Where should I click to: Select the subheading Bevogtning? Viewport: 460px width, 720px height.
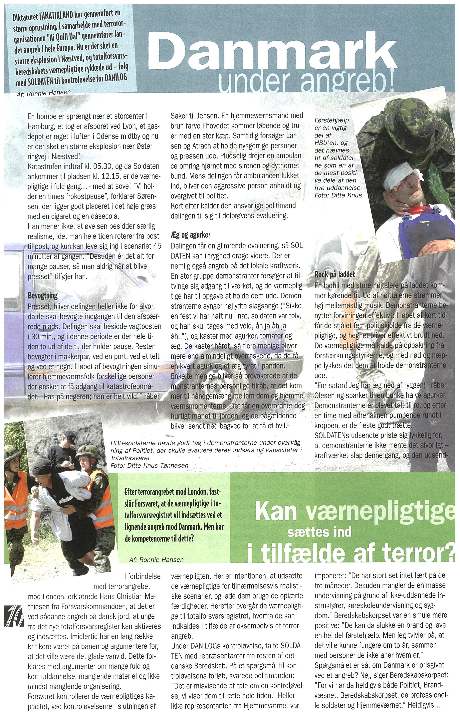pos(43,296)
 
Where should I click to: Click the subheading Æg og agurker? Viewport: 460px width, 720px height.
pos(191,235)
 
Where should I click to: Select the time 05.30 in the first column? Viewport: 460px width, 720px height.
pos(105,166)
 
